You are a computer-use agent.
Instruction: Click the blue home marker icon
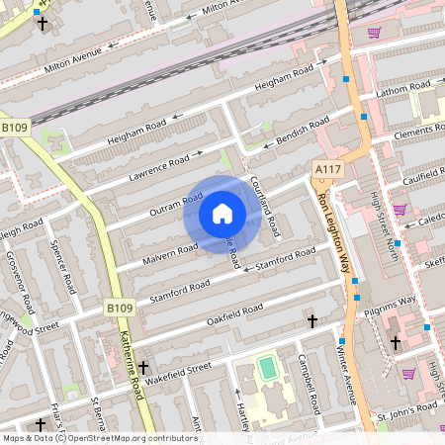(222, 214)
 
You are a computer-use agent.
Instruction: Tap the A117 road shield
(327, 170)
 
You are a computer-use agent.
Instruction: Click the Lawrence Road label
(159, 167)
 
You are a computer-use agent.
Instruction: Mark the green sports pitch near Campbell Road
(266, 369)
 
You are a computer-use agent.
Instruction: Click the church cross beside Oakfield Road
(312, 321)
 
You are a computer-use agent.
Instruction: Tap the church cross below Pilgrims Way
(396, 342)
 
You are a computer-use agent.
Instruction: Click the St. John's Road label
(407, 405)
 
